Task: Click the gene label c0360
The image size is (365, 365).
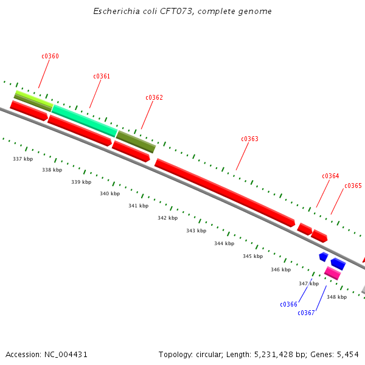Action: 50,57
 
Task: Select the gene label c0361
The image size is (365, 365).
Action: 102,77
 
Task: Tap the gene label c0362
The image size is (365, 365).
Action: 154,97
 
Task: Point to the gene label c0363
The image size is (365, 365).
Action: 249,139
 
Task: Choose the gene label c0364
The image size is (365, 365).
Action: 330,176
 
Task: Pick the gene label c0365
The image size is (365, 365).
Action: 353,186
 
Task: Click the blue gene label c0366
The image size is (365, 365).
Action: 288,305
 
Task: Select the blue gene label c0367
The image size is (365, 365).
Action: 306,313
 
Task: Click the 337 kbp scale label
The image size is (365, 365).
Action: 23,159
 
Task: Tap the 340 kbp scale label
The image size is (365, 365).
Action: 109,194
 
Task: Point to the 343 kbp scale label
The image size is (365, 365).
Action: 196,231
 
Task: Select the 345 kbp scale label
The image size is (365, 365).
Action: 252,257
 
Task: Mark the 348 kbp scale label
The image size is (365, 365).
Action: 336,297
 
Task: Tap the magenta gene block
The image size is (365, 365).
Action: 332,273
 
